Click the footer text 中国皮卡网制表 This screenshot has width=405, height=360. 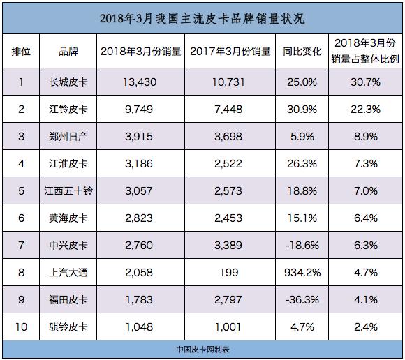202,349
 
